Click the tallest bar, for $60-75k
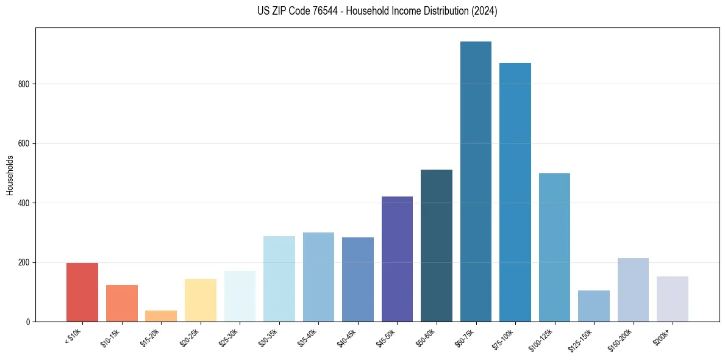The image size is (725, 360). tap(476, 183)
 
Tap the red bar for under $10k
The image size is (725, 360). tap(82, 293)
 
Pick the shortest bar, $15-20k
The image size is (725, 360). tap(161, 316)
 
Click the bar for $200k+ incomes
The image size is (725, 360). tap(673, 299)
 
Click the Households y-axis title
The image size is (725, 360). tap(10, 175)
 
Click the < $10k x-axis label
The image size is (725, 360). tap(73, 337)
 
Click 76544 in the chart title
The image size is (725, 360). tap(315, 11)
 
